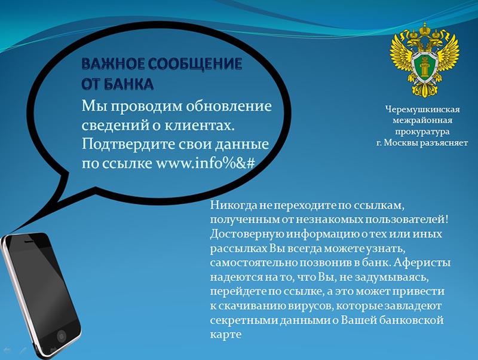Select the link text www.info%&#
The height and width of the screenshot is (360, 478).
tap(206, 163)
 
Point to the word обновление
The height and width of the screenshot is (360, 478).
tap(229, 106)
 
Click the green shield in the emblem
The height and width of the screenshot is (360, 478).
tap(425, 67)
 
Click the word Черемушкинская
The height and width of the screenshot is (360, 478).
tap(422, 109)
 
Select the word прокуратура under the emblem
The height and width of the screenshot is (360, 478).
tap(422, 132)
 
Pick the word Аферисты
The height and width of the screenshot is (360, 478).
tap(422, 263)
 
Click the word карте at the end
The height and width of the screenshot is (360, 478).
tap(226, 335)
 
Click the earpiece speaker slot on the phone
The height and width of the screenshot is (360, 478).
tap(30, 241)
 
